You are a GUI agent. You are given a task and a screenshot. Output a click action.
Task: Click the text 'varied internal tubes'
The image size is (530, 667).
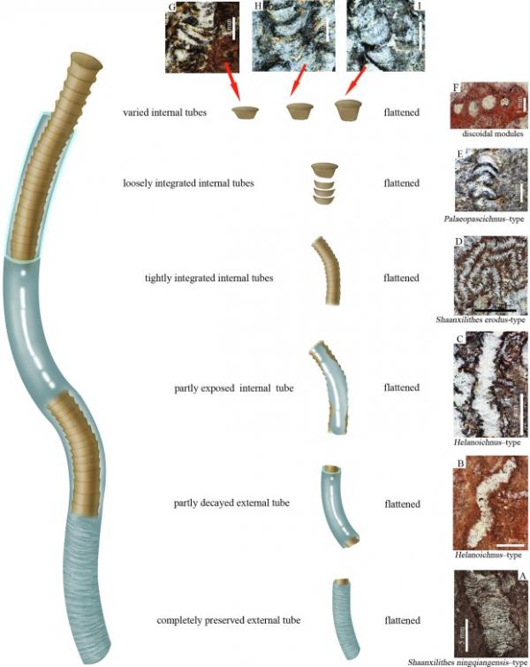[165, 113]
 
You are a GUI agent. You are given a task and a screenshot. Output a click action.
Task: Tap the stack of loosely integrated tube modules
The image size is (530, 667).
[325, 182]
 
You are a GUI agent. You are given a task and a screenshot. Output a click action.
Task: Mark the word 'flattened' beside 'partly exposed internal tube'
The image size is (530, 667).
[401, 388]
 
